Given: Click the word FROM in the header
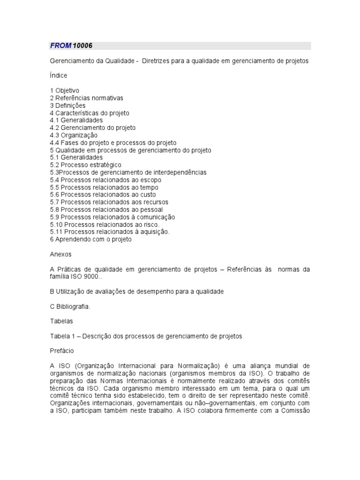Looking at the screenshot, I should click(x=60, y=45).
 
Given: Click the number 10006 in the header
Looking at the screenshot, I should click(x=83, y=45).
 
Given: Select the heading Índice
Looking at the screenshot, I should click(x=58, y=75).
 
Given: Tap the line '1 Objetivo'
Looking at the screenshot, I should click(x=65, y=90).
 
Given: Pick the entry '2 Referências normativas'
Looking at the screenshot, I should click(x=86, y=98).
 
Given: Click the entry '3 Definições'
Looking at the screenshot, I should click(x=67, y=105).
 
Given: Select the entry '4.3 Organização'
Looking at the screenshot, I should click(x=74, y=135).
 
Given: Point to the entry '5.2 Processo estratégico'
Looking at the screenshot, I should click(x=85, y=165).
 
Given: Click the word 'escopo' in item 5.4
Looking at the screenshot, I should click(x=151, y=180).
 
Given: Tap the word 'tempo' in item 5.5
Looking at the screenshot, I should click(x=150, y=187).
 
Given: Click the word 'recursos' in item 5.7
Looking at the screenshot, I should click(x=156, y=202).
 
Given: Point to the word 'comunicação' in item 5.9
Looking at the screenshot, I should click(x=156, y=217).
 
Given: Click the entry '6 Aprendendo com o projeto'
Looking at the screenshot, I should click(x=91, y=239).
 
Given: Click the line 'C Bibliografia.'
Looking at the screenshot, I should click(x=70, y=307).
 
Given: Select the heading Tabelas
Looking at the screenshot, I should click(x=61, y=322).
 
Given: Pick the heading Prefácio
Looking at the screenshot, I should click(x=61, y=350).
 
